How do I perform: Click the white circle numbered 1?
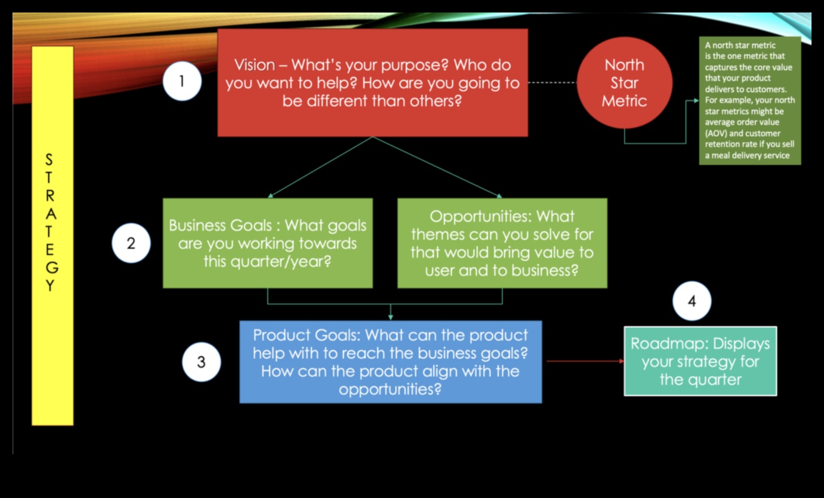[182, 82]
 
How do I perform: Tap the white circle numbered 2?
[131, 244]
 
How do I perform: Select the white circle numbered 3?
[201, 362]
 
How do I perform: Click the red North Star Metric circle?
[624, 82]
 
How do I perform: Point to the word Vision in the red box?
[254, 65]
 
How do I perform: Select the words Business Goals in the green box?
[221, 225]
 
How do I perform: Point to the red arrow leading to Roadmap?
[585, 361]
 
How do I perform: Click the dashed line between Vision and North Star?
[552, 82]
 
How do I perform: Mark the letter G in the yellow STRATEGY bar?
[52, 267]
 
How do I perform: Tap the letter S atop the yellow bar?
[50, 161]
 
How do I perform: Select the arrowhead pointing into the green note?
[695, 100]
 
